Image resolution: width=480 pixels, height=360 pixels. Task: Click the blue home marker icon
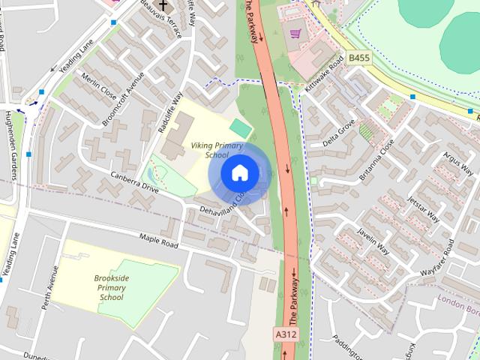(239, 173)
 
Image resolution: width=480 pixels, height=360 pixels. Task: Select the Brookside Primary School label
(112, 287)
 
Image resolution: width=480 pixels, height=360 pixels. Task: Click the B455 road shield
(358, 57)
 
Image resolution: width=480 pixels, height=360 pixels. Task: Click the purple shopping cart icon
(296, 33)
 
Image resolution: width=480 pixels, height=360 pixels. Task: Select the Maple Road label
(158, 241)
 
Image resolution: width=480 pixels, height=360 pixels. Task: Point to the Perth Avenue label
(53, 286)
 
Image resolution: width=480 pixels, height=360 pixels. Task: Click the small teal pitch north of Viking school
(240, 128)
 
